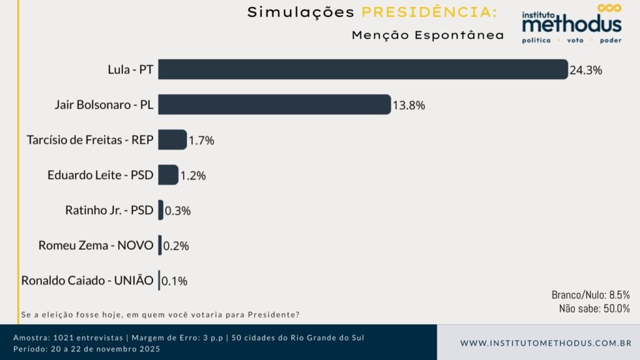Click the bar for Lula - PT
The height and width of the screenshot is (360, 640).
pos(362,69)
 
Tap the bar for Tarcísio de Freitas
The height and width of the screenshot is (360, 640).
pos(172,139)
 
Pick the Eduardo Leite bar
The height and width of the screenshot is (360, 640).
pos(167,175)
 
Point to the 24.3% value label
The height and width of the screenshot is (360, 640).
pos(586,70)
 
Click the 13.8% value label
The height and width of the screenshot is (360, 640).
pos(409,105)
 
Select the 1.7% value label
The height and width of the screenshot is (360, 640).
pos(201,141)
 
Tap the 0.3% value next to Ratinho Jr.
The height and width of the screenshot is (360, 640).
pos(177,211)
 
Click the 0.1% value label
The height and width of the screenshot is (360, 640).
pos(174,281)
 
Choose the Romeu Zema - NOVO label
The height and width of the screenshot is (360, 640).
pos(96,245)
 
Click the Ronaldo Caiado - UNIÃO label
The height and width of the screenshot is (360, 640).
pos(87,281)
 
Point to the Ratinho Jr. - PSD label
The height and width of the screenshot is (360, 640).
pos(109,210)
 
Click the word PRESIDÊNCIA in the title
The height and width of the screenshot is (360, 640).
pos(430,12)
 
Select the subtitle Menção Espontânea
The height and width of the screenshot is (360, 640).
pos(427,36)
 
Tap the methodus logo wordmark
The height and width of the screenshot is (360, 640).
pos(572,24)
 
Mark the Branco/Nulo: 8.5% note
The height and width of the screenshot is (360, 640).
pos(591,295)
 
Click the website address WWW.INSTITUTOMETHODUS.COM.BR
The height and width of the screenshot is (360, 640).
pos(546,343)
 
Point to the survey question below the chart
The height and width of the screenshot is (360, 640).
pos(161,314)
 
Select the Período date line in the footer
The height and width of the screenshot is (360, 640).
pos(87,349)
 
